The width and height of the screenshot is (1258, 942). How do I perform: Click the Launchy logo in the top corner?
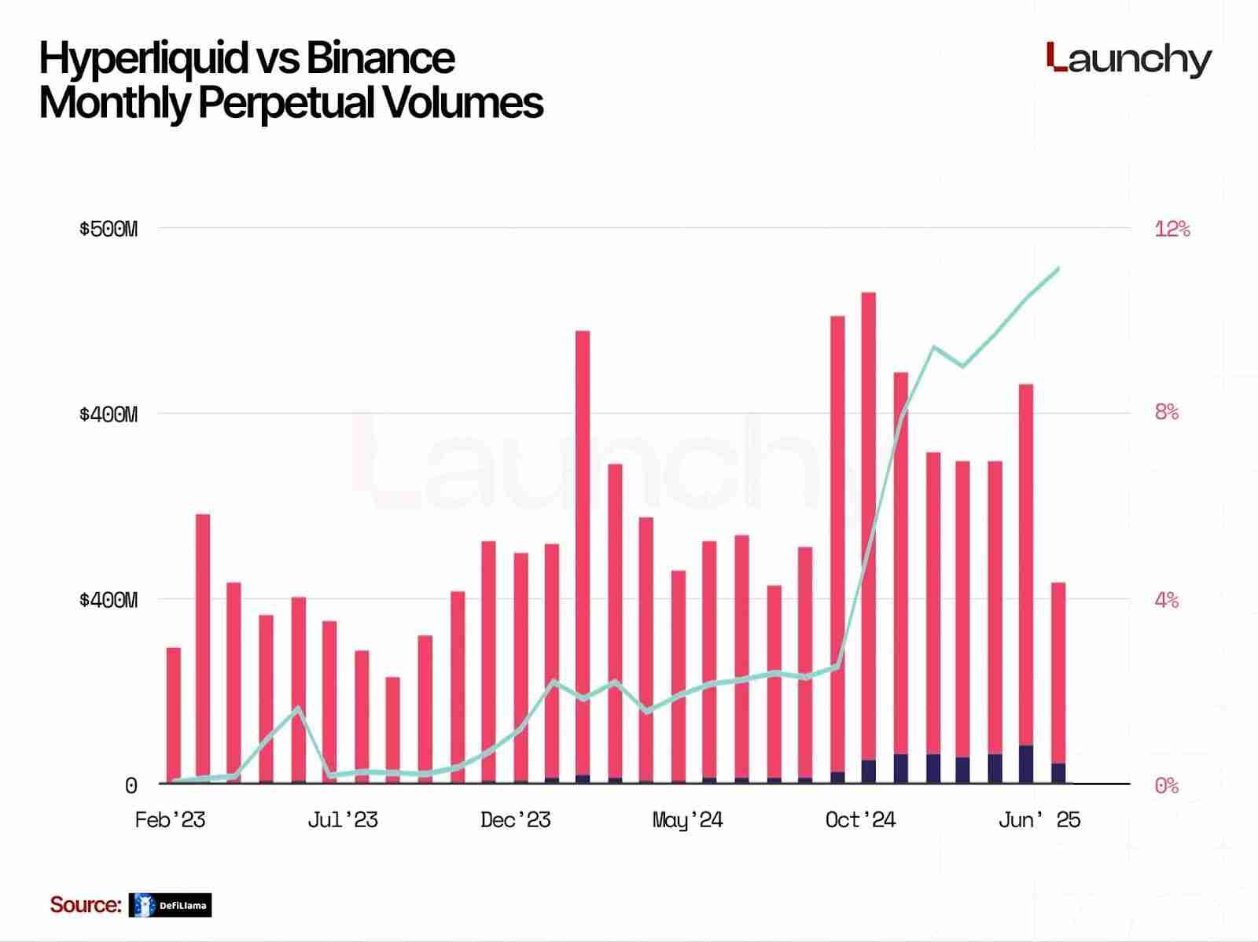1129,60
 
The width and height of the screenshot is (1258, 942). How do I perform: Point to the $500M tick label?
108,229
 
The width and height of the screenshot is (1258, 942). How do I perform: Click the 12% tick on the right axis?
1172,229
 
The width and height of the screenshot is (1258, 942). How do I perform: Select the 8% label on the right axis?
1167,412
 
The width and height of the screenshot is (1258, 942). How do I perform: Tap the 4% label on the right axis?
1167,600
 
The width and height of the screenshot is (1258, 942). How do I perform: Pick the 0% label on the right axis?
1167,785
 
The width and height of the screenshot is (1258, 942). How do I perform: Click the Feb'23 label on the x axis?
170,820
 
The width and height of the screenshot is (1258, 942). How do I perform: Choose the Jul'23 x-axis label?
342,820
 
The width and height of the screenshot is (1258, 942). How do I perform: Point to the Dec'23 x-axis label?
515,820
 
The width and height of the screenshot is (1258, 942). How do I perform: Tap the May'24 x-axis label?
687,820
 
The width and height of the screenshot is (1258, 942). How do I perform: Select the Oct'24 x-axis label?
860,820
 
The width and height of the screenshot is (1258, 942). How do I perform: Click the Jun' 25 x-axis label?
1039,820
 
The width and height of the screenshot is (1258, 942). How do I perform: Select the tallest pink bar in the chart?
868,527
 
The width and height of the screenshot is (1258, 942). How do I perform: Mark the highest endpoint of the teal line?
1058,268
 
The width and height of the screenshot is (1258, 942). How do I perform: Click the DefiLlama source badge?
171,905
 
